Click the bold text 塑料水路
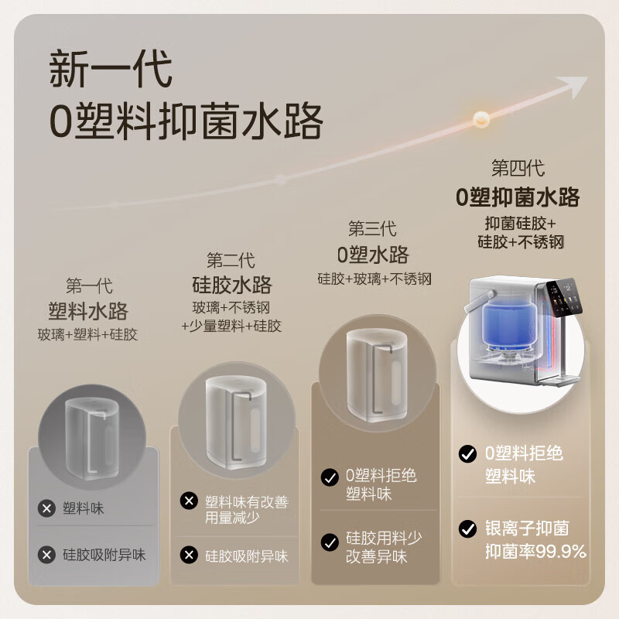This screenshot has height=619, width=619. point(87,311)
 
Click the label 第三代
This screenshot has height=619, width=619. point(373,229)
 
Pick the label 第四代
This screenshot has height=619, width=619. point(518,168)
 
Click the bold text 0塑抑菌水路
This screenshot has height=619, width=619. point(518,197)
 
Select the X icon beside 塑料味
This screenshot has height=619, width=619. point(47,508)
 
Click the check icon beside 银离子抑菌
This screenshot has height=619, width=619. point(467,529)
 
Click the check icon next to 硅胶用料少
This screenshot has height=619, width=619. point(330,541)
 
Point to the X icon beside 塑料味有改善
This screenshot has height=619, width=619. point(189,501)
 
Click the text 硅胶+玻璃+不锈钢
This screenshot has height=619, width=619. point(374,279)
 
